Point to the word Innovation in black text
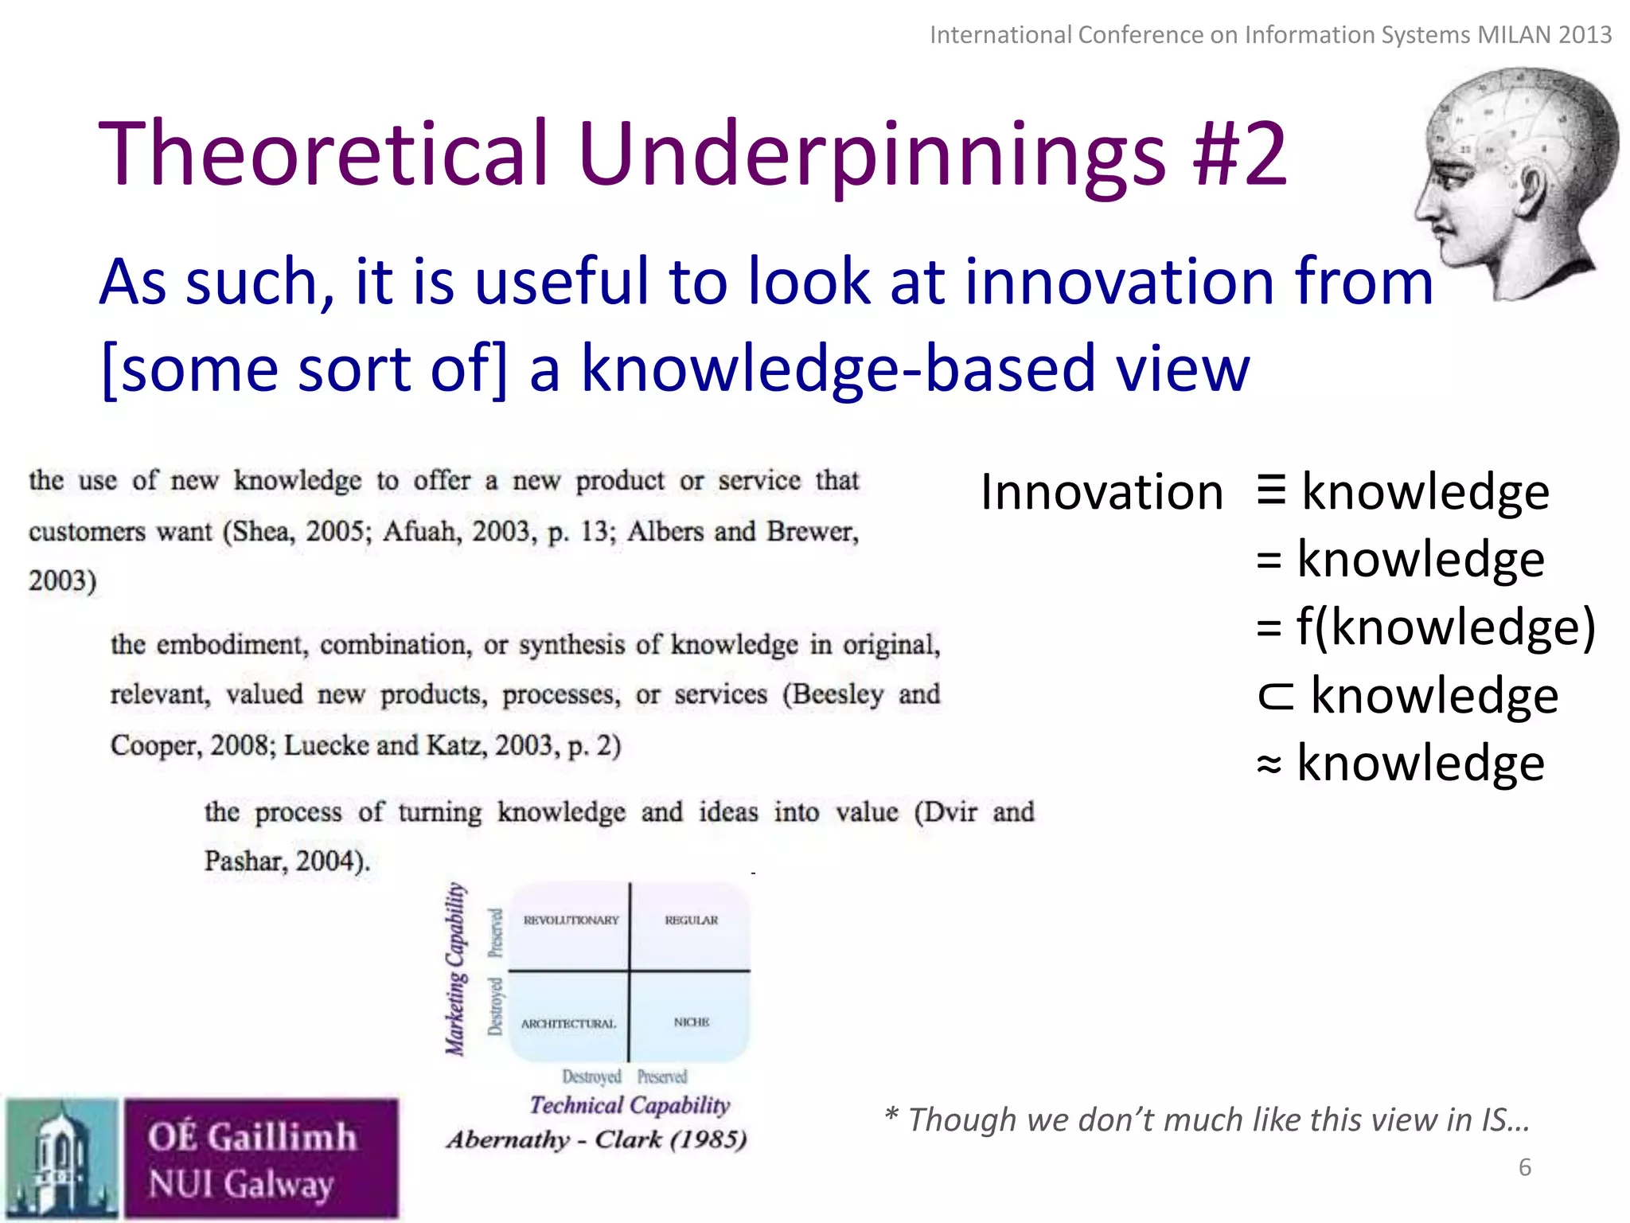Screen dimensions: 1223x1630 tap(1102, 492)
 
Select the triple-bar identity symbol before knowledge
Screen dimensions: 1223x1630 tap(1271, 489)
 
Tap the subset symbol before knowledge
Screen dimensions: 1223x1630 tap(1274, 695)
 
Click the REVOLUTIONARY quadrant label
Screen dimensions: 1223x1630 tap(571, 920)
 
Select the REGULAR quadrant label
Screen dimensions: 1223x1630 tap(691, 920)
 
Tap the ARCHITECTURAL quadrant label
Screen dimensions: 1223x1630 tap(568, 1024)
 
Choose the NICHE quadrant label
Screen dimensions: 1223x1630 tap(691, 1022)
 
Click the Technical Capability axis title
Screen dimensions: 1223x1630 tap(630, 1105)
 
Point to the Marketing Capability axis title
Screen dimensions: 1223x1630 tap(455, 969)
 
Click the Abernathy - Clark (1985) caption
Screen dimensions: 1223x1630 tap(596, 1139)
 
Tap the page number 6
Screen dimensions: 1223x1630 tap(1525, 1167)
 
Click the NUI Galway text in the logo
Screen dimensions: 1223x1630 tap(240, 1184)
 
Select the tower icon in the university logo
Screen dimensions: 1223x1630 tap(60, 1159)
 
